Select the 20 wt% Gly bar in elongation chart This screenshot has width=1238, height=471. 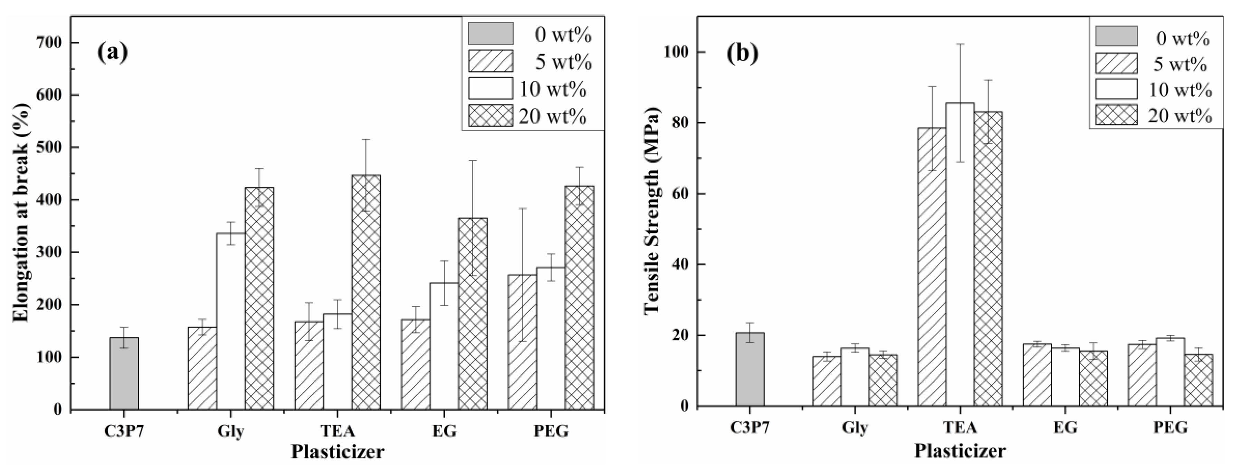(259, 298)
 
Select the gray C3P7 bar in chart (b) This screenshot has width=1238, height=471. (749, 369)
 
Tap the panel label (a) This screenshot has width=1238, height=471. (113, 52)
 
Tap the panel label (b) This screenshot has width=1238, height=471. (743, 54)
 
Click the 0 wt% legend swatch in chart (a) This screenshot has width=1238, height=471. (491, 33)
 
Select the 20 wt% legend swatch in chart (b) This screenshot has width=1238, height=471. (1116, 115)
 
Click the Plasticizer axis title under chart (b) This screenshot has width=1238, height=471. (960, 451)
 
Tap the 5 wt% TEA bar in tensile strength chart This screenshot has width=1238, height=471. (932, 266)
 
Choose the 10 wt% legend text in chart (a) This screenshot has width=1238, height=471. (553, 89)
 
